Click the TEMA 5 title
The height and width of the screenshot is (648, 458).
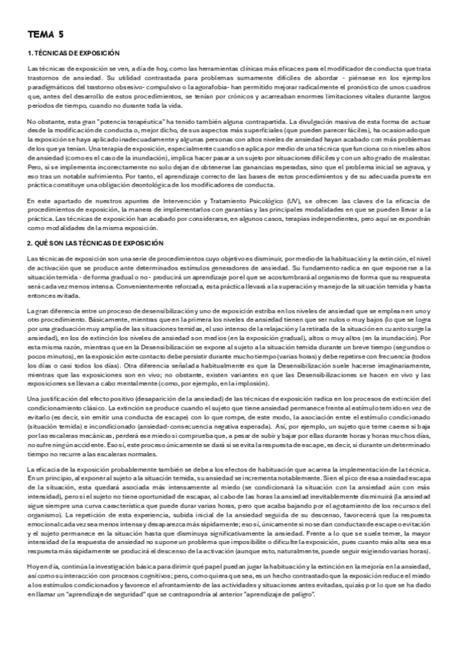[47, 34]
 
